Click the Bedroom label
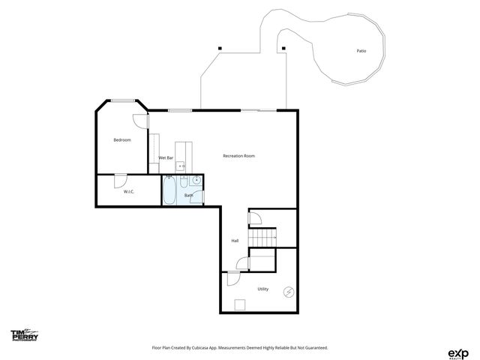click(x=122, y=140)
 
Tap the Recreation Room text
click(x=239, y=156)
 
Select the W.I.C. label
click(x=128, y=193)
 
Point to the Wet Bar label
click(x=166, y=158)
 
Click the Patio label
click(x=361, y=51)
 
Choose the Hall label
click(x=235, y=241)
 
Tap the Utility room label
click(x=263, y=289)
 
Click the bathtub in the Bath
click(x=170, y=190)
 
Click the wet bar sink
click(x=181, y=166)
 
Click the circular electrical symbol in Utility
click(x=289, y=292)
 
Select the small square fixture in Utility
click(x=241, y=304)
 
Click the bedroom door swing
click(x=140, y=121)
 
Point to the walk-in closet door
click(x=120, y=181)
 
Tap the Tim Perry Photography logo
click(x=24, y=335)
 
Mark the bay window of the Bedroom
click(x=123, y=100)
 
